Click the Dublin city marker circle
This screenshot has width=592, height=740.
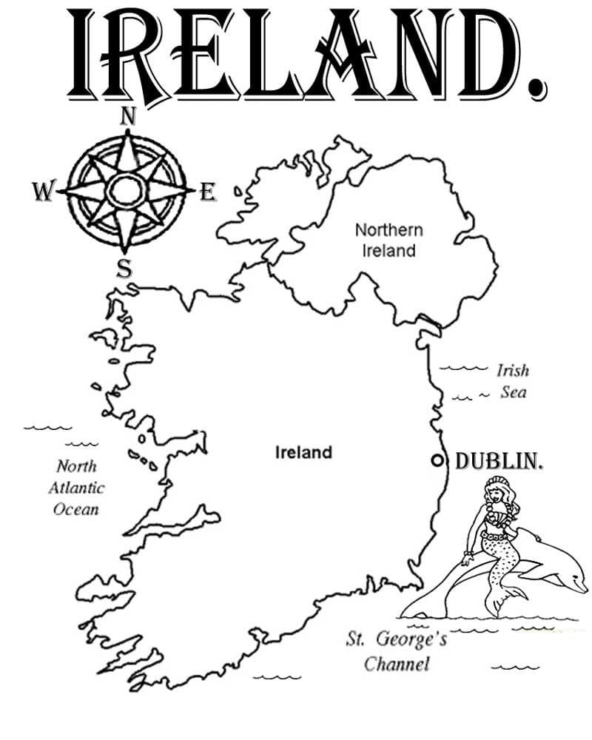coord(437,460)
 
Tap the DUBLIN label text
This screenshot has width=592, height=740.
coord(499,461)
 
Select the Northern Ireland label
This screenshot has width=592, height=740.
coord(388,240)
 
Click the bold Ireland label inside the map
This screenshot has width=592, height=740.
coord(303,452)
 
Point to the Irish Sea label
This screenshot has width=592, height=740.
coord(512,380)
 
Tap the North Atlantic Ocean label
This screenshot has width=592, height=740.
coord(77,488)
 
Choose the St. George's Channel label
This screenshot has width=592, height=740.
coord(397,650)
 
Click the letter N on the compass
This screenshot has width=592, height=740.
coord(128,115)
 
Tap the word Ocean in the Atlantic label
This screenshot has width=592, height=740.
coord(75,510)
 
